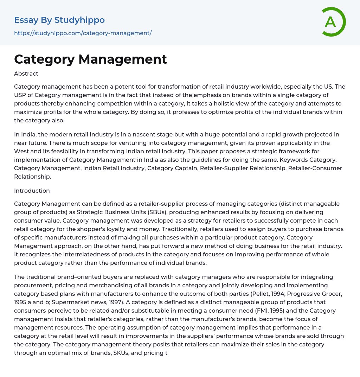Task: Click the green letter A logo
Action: click(x=333, y=22)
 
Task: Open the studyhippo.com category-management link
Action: click(x=83, y=33)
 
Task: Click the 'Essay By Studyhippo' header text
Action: click(x=59, y=20)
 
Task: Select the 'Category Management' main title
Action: click(x=90, y=59)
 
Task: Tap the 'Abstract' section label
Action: click(x=26, y=74)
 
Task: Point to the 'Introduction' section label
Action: click(x=32, y=191)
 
